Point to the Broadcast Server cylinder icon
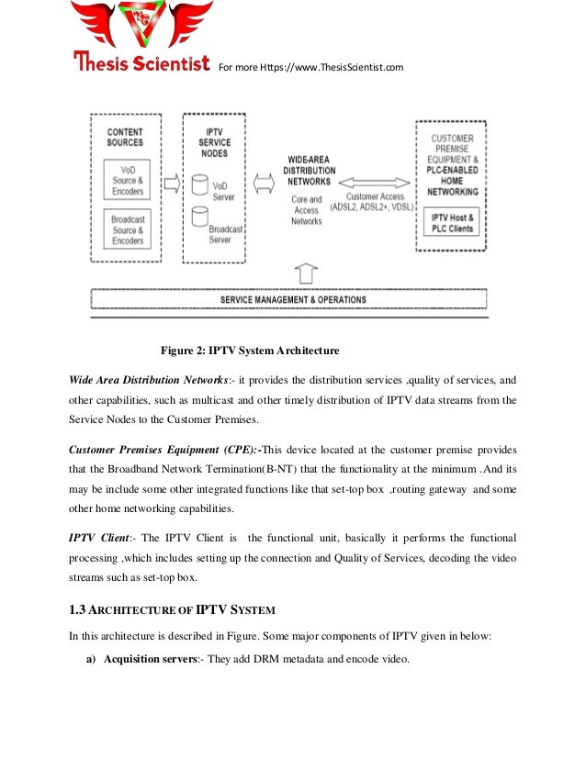[x=198, y=217]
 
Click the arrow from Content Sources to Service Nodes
[x=170, y=184]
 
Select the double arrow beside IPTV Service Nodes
[x=263, y=184]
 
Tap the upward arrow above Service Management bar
[x=306, y=272]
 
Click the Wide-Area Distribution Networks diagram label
[x=308, y=171]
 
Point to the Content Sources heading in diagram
[x=126, y=138]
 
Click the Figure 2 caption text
[x=251, y=351]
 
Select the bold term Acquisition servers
[x=147, y=659]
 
